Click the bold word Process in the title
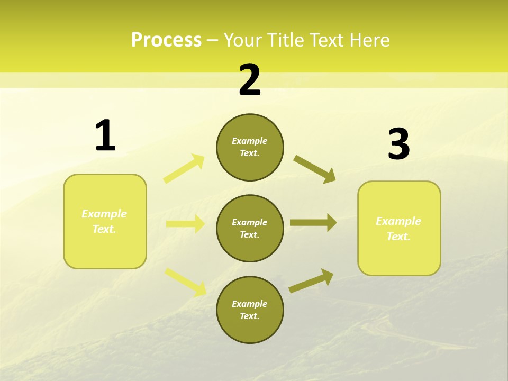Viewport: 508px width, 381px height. [166, 40]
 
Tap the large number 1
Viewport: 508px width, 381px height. [105, 136]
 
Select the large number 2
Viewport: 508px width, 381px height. [250, 80]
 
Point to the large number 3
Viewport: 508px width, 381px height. [398, 144]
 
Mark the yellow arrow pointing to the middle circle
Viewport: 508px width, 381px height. [185, 224]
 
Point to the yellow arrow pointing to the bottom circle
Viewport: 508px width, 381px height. [185, 282]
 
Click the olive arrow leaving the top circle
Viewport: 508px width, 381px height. [315, 169]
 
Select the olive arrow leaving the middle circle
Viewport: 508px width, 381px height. [313, 223]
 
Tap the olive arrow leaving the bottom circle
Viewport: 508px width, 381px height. [312, 280]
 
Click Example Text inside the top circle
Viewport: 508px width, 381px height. [250, 147]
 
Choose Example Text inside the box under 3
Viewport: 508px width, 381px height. [398, 229]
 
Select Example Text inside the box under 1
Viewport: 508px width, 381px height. [104, 221]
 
